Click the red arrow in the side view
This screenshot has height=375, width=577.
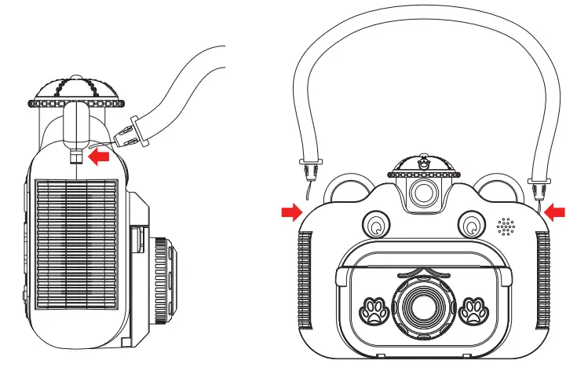[x=99, y=157]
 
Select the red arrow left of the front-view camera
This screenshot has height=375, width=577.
[x=290, y=211]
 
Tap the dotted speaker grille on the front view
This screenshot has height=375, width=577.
[x=506, y=227]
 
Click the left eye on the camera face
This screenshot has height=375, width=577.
[x=377, y=226]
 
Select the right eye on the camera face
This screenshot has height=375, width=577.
[x=470, y=226]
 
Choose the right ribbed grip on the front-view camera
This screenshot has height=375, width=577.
[x=542, y=279]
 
